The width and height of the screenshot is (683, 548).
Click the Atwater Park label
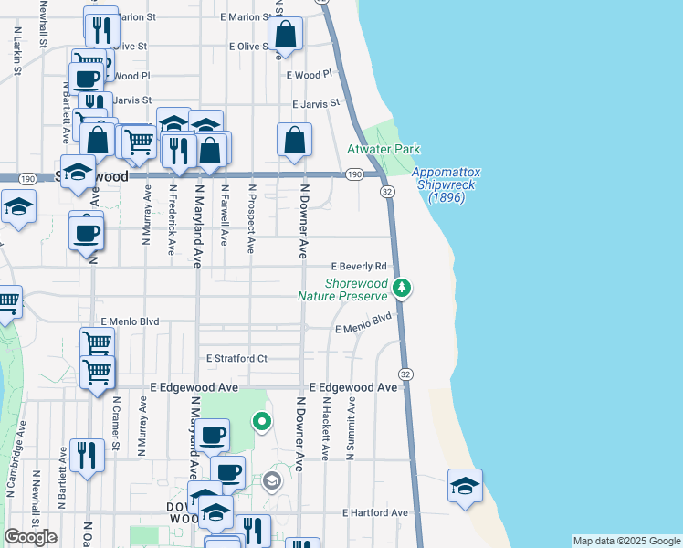tap(383, 149)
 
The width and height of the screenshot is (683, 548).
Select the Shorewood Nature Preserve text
tap(342, 289)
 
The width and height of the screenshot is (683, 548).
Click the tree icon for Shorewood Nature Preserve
tap(401, 289)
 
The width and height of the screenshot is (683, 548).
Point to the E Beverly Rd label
tap(359, 266)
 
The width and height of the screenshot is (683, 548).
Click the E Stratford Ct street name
tap(236, 358)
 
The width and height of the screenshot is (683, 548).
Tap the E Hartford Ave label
tap(374, 512)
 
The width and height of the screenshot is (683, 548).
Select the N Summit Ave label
tap(350, 427)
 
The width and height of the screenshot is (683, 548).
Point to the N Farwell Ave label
tap(224, 216)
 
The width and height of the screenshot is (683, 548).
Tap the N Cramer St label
tap(116, 423)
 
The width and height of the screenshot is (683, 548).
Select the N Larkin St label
tap(17, 50)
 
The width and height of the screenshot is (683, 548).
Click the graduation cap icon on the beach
tap(465, 486)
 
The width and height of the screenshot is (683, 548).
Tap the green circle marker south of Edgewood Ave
tap(262, 421)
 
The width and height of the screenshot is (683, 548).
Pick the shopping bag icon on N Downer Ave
tap(295, 141)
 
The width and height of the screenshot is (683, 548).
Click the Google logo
tap(31, 537)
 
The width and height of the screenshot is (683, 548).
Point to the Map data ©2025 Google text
tap(626, 541)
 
